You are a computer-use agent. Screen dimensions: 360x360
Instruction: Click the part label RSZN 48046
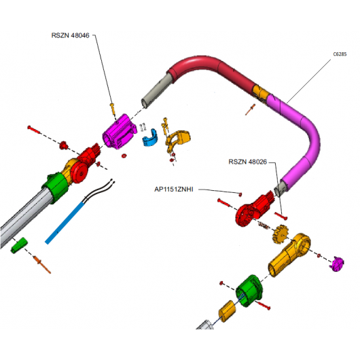point(70,35)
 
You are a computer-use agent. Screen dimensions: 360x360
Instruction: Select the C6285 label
point(340,54)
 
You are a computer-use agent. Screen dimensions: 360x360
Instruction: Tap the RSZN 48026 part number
point(248,162)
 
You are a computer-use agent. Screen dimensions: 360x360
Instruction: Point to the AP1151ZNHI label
point(174,190)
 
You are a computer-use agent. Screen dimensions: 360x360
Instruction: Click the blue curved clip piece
point(149,139)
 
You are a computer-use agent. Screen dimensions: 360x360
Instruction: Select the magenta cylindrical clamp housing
point(120,132)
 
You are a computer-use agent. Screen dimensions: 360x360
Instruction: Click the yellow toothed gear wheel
point(280,234)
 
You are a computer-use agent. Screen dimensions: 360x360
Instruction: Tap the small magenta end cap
point(337,264)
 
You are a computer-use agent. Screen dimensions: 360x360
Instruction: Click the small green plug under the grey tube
point(19,245)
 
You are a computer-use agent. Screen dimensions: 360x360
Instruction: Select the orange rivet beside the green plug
point(42,265)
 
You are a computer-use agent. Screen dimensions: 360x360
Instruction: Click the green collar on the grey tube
point(56,187)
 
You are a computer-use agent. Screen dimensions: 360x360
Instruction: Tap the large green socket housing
point(249,291)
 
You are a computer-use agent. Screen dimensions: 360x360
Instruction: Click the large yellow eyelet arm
point(289,255)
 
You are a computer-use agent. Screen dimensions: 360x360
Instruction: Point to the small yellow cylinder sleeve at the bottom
point(228,311)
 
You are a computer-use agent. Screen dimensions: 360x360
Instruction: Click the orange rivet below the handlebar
point(250,109)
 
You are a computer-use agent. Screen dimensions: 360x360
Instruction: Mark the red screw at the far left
point(33,130)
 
